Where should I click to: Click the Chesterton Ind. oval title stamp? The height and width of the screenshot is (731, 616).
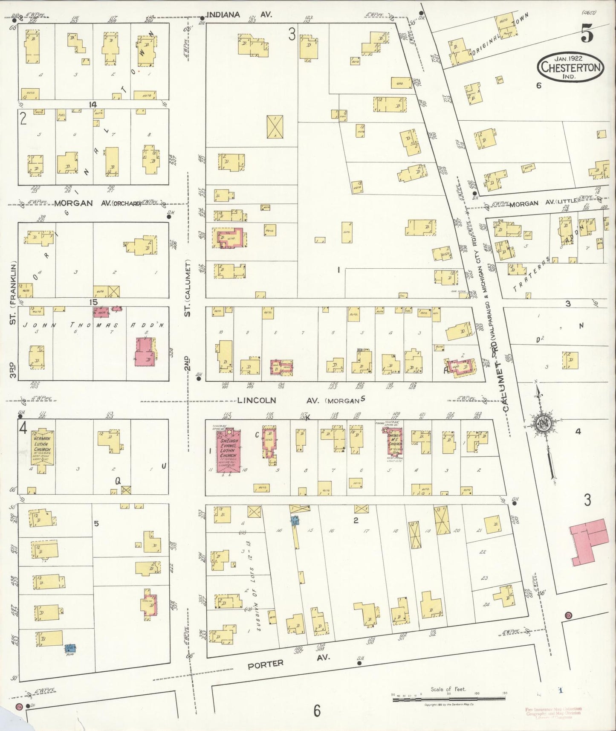click(572, 67)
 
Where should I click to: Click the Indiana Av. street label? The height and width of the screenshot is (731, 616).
click(239, 15)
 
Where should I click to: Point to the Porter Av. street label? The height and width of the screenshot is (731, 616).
click(270, 664)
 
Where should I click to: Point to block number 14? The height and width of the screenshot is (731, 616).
click(93, 104)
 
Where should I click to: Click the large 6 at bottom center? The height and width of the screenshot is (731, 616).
click(316, 711)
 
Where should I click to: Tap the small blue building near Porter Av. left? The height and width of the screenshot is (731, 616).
click(70, 648)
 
